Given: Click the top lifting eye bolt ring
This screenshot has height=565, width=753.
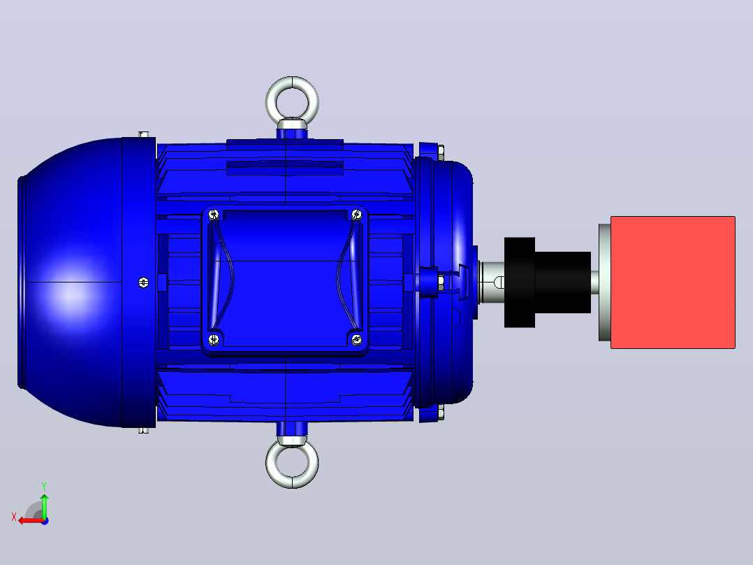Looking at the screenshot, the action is [x=292, y=80].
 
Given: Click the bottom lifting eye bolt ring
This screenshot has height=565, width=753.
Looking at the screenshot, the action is [x=292, y=484].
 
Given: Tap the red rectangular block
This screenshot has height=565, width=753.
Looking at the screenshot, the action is [x=673, y=282].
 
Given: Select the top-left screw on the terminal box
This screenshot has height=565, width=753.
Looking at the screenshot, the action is [x=214, y=214].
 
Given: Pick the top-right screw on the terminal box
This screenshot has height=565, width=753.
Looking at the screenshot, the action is [x=356, y=214].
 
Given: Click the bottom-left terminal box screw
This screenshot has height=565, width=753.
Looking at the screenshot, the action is [x=214, y=339].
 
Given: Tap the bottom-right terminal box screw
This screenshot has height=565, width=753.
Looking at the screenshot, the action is [x=356, y=339].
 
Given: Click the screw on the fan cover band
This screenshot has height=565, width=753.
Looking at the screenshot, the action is [x=143, y=282].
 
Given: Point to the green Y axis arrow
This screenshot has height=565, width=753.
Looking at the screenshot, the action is [x=44, y=506].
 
